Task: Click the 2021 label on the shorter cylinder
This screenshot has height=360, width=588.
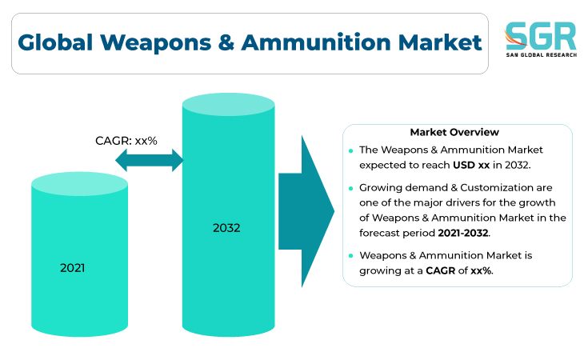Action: [x=72, y=268]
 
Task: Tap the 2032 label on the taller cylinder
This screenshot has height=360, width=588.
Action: [x=226, y=228]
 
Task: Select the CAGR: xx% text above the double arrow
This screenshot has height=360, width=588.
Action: [x=126, y=141]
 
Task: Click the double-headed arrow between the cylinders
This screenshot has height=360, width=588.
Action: [x=150, y=160]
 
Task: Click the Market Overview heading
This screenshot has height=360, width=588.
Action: [x=454, y=132]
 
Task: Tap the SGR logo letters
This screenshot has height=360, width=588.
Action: [x=540, y=36]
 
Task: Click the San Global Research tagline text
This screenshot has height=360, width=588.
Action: [x=541, y=54]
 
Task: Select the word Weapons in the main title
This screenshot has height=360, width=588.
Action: [x=156, y=42]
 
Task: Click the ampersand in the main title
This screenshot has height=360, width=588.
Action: [x=226, y=42]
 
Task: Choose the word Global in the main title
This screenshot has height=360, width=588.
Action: [x=55, y=42]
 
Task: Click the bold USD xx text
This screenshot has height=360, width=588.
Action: [x=471, y=165]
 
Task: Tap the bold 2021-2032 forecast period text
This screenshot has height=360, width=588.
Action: [x=463, y=233]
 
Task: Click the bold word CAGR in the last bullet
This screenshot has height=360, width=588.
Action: [x=441, y=270]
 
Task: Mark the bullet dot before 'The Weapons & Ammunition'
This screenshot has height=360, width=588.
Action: [x=350, y=150]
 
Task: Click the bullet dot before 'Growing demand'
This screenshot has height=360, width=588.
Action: [x=350, y=188]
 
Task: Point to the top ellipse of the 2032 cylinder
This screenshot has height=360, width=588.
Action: [x=228, y=104]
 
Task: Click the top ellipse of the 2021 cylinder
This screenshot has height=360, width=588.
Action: [x=79, y=184]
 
